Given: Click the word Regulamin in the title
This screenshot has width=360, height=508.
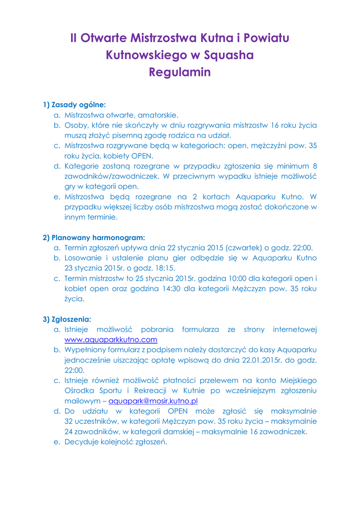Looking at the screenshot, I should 180,72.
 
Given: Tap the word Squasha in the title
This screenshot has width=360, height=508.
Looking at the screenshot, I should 229,55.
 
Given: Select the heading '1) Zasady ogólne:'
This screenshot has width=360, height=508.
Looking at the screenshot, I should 74,105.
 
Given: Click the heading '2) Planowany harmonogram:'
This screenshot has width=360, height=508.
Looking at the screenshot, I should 94,238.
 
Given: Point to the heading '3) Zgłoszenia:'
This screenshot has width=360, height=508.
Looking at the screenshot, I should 67,319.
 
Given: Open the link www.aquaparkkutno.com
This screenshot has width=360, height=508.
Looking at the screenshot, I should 111,340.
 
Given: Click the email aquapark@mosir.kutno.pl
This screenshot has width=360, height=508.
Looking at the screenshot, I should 153,401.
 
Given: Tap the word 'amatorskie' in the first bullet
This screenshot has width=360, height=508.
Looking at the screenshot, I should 158,115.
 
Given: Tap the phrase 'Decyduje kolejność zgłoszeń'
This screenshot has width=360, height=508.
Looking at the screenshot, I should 116,442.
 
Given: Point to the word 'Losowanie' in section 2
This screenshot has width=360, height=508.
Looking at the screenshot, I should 82,258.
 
